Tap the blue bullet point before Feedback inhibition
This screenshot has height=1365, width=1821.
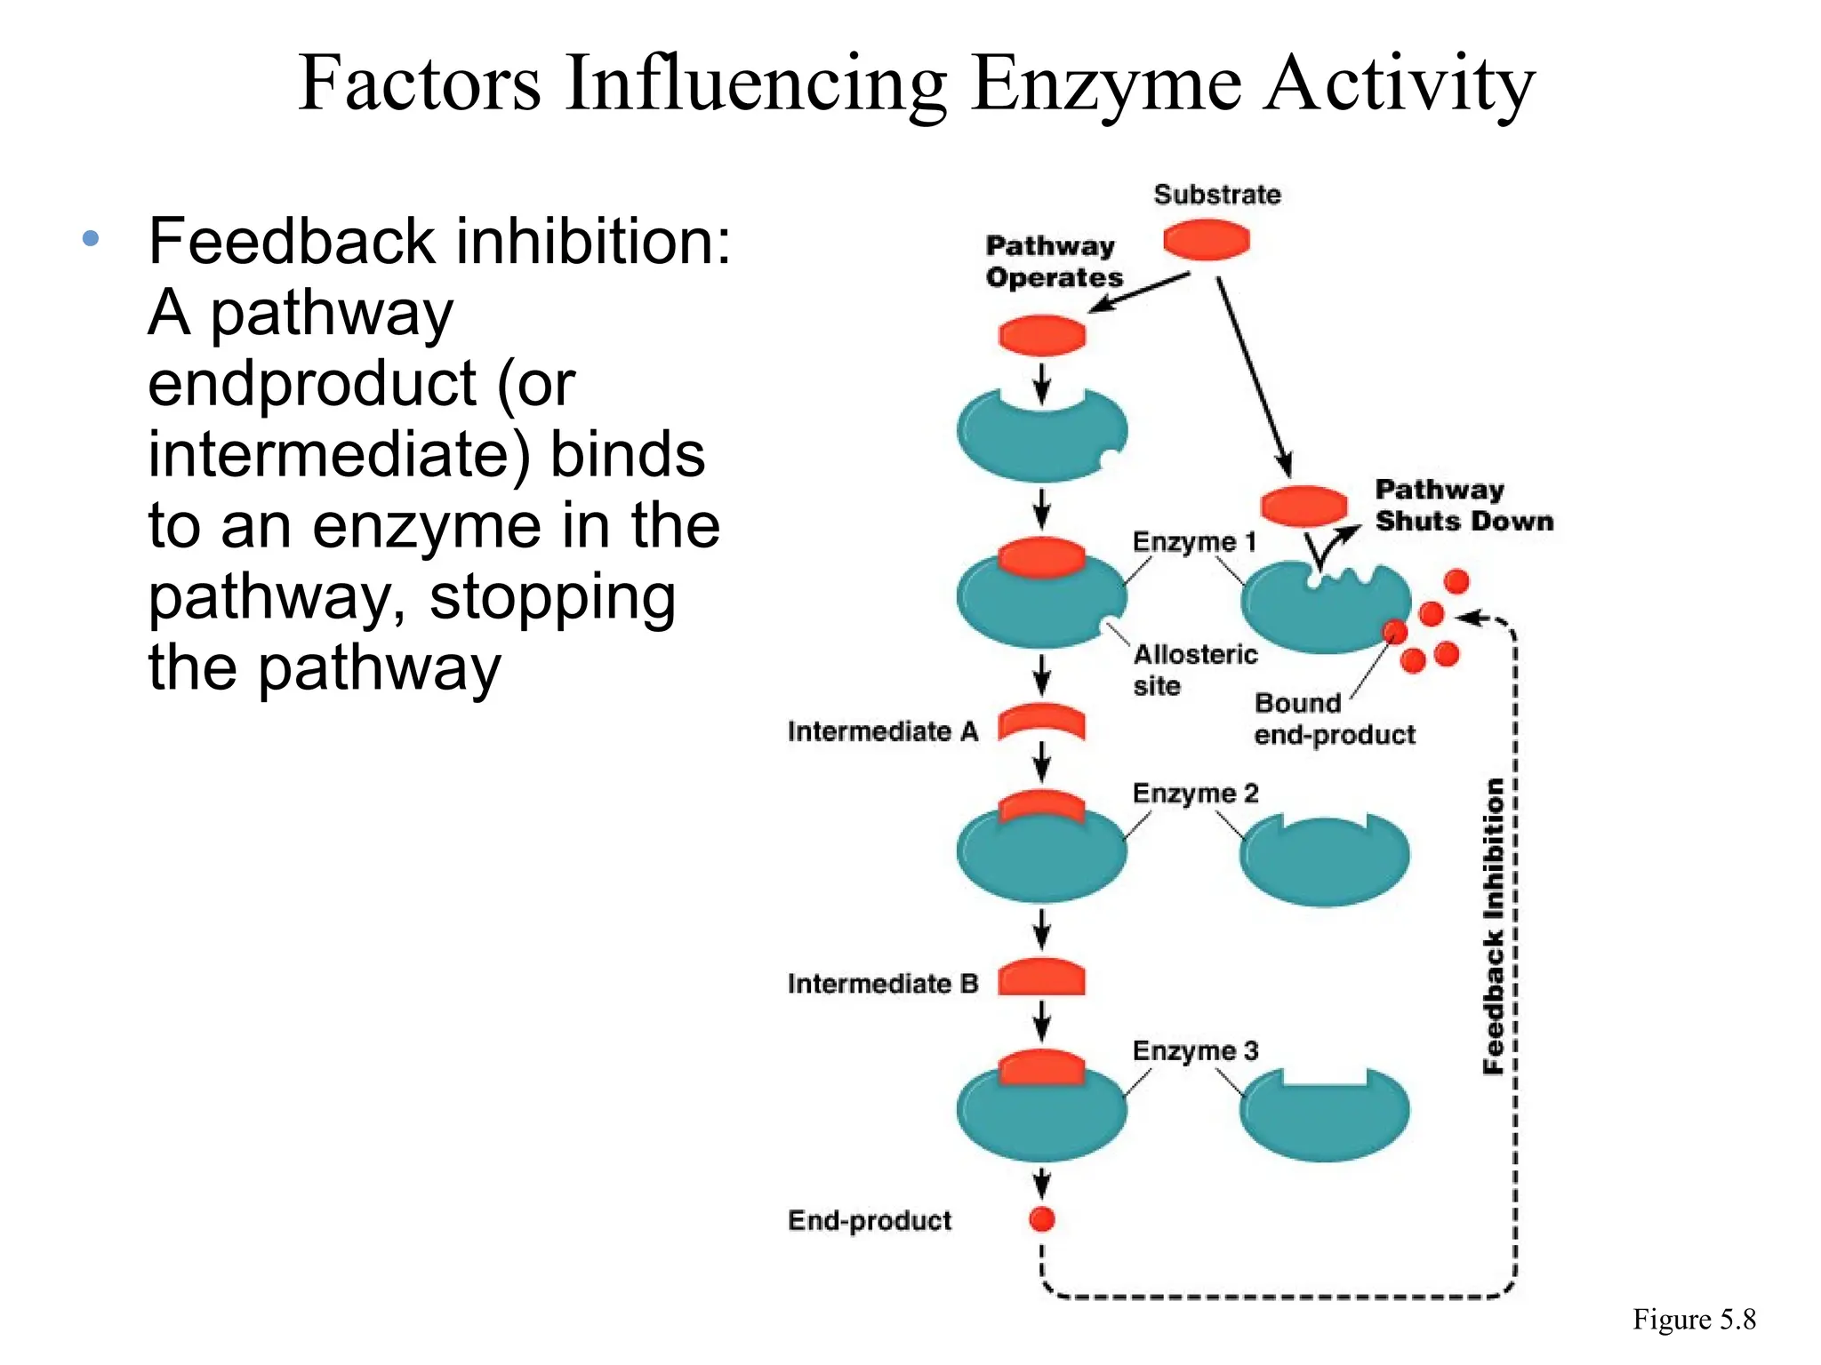[x=90, y=238]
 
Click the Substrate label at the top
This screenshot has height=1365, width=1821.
[x=1216, y=195]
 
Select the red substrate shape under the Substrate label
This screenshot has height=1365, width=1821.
[x=1207, y=240]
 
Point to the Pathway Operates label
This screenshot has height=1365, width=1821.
[x=1053, y=261]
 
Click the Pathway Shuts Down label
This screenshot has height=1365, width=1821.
[x=1464, y=505]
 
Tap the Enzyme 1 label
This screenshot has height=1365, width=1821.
[x=1193, y=541]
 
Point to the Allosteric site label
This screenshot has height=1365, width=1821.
[x=1194, y=670]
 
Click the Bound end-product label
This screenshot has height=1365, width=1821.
[x=1333, y=719]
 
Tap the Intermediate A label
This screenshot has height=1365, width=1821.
[x=882, y=731]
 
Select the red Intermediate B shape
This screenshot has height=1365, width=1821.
[x=1041, y=978]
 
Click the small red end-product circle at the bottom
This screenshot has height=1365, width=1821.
[x=1041, y=1219]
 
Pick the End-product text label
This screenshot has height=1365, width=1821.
[x=869, y=1220]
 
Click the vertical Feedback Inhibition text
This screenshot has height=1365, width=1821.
[x=1494, y=926]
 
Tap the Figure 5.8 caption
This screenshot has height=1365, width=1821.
[x=1693, y=1320]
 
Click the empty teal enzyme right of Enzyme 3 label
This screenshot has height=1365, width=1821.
[x=1324, y=1118]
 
